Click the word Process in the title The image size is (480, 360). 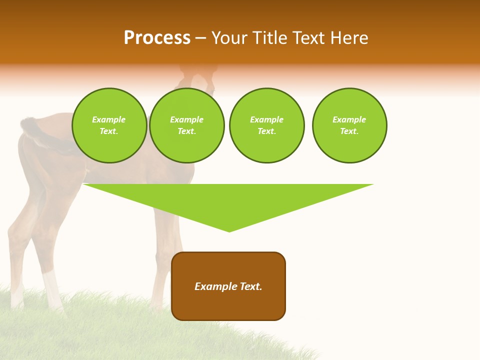(x=157, y=38)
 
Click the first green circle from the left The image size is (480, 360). (x=109, y=125)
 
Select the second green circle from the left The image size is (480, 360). (x=187, y=125)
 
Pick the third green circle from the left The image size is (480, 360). (x=267, y=125)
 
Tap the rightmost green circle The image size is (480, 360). (x=349, y=125)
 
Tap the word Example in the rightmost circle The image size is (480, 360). (x=349, y=119)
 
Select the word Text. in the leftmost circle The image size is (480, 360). (x=109, y=131)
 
